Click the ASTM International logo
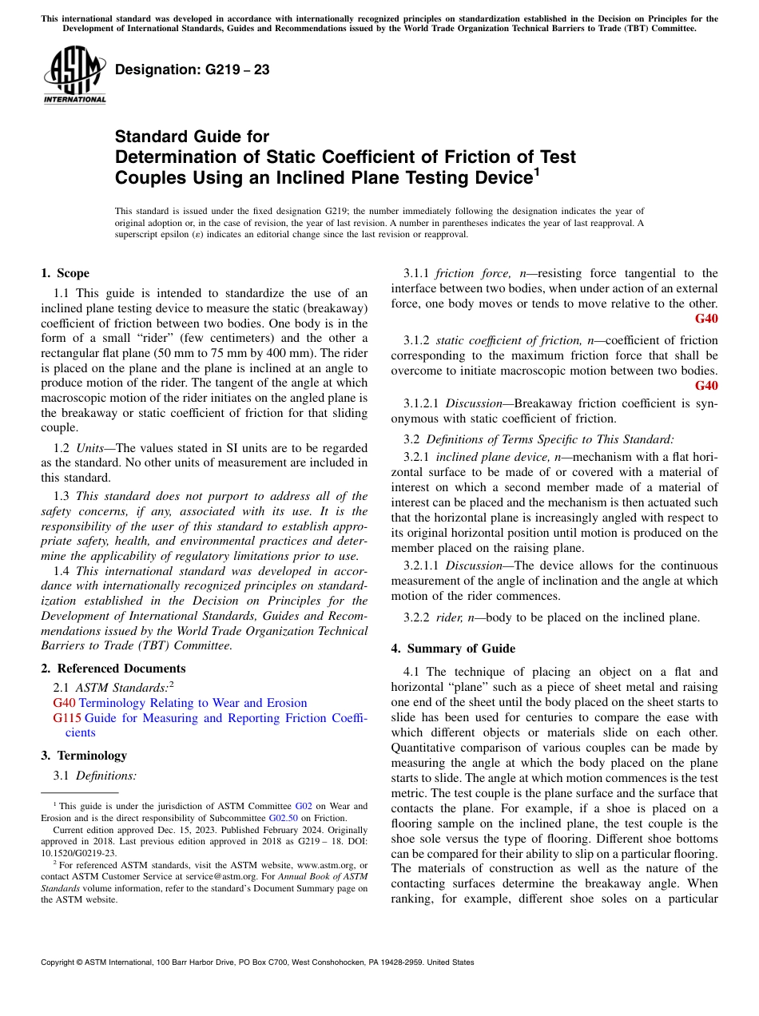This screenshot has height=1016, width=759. click(74, 76)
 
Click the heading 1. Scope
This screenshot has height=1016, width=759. click(65, 273)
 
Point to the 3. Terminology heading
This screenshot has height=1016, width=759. click(84, 756)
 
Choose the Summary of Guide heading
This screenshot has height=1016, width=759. click(453, 649)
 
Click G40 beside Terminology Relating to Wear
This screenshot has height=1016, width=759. click(64, 703)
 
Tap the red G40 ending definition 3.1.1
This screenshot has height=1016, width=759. click(706, 319)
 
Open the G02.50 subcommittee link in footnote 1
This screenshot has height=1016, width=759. click(283, 818)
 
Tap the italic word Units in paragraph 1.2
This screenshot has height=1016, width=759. click(90, 448)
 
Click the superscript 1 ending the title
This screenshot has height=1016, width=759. click(536, 171)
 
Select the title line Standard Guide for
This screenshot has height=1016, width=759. click(192, 137)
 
